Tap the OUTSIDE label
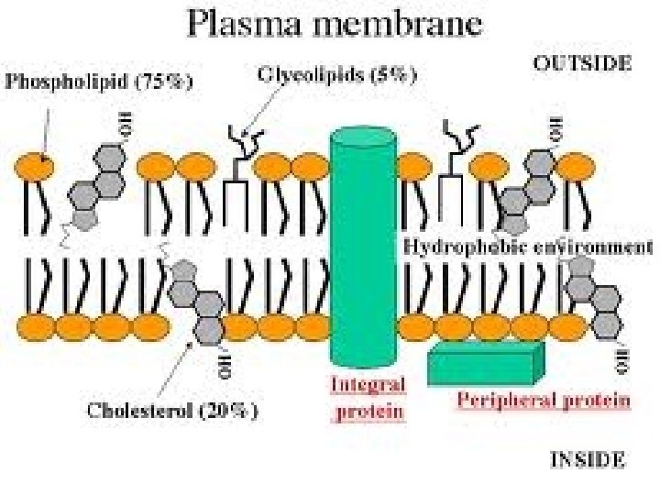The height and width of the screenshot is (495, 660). pos(582,62)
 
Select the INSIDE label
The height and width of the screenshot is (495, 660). pos(587,459)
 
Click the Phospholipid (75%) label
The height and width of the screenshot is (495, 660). pos(100,81)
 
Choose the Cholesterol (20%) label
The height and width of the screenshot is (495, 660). pos(172,410)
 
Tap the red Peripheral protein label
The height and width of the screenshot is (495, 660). pos(543,399)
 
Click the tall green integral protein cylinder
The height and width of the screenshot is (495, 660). pos(364,247)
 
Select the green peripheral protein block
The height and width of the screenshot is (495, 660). pos(486,364)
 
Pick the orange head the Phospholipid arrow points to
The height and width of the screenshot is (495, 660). pos(33,168)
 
